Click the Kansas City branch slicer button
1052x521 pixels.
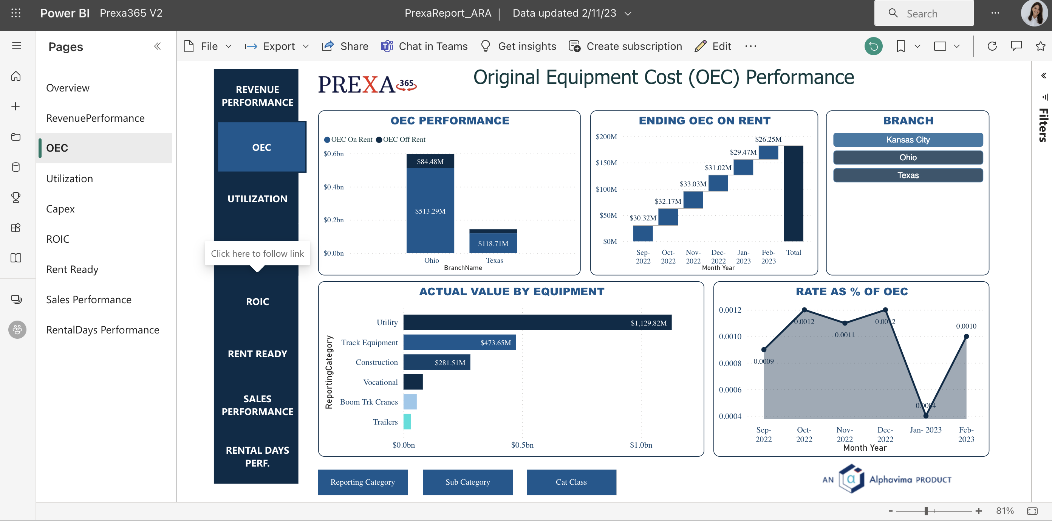click(x=907, y=140)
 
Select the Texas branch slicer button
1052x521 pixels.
click(x=907, y=175)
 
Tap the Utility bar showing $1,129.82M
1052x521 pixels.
click(x=537, y=323)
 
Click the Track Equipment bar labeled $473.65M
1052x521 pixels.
click(x=459, y=343)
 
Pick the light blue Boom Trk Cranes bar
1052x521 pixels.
click(x=410, y=402)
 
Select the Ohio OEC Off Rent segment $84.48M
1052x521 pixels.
click(x=430, y=161)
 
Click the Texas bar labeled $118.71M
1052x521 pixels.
click(x=493, y=243)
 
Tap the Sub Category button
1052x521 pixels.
click(x=467, y=482)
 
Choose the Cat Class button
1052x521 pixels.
click(x=571, y=482)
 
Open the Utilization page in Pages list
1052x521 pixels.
click(x=70, y=178)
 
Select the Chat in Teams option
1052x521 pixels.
click(x=424, y=46)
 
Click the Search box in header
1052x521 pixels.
click(x=924, y=14)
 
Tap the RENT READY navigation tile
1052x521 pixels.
click(x=257, y=354)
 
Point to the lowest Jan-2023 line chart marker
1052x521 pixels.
click(x=925, y=416)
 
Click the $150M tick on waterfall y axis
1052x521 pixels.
click(x=606, y=163)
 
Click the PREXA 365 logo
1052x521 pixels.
click(x=367, y=85)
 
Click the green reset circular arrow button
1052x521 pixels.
click(x=873, y=46)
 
